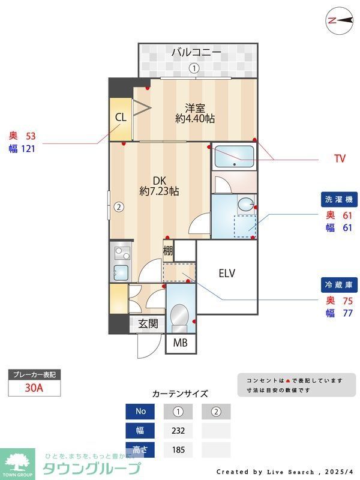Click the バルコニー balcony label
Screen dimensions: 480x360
click(196, 53)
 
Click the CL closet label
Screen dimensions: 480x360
click(121, 118)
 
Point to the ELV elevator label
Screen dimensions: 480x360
click(227, 274)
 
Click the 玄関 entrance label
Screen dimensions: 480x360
click(148, 323)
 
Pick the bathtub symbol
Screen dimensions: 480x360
click(235, 156)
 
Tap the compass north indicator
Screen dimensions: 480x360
click(339, 20)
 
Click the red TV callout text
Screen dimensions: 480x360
click(340, 159)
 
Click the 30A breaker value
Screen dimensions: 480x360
click(34, 388)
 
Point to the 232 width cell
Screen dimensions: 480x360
click(178, 430)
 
